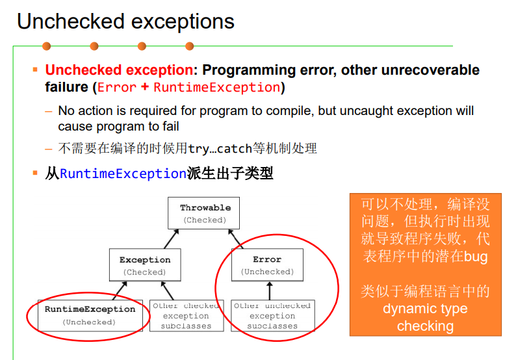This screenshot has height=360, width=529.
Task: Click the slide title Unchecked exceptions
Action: (125, 21)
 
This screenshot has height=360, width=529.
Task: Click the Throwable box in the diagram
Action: (204, 213)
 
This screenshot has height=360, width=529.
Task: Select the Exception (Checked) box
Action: (145, 265)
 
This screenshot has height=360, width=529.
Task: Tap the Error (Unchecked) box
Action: (267, 265)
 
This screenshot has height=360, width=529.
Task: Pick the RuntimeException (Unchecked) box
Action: (90, 315)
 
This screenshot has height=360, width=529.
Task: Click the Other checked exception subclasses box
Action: (187, 315)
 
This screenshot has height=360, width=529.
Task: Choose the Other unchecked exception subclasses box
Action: (272, 315)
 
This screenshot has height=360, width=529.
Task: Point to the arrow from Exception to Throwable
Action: (172, 239)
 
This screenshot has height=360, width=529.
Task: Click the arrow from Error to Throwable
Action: (235, 239)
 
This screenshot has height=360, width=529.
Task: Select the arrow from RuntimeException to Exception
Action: (120, 290)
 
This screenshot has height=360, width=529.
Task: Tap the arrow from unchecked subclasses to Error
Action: (270, 290)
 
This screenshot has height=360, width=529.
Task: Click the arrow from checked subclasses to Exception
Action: (167, 290)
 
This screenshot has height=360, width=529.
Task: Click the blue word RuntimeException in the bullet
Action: (123, 174)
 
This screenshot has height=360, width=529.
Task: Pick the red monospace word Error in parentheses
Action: (117, 87)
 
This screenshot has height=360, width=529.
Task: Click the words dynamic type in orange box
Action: (425, 309)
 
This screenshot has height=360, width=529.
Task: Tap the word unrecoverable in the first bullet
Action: (430, 70)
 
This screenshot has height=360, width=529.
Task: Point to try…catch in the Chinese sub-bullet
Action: (220, 148)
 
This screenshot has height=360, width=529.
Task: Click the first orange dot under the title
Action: (47, 46)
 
